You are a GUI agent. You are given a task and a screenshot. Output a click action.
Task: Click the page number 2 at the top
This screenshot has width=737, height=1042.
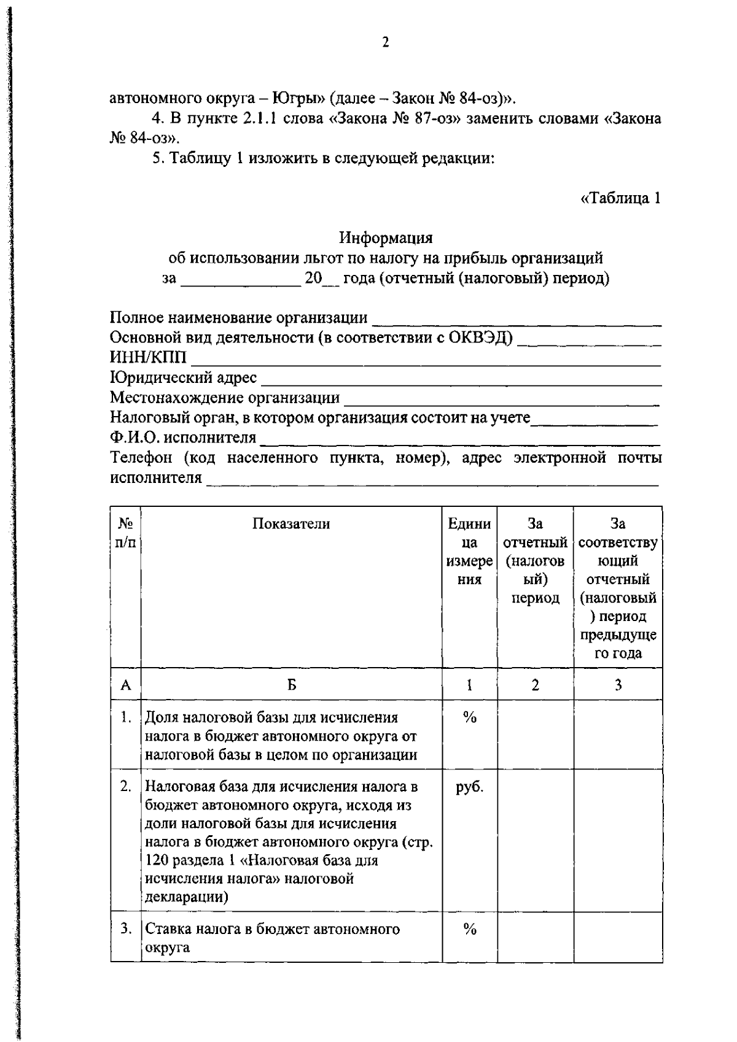pos(385,42)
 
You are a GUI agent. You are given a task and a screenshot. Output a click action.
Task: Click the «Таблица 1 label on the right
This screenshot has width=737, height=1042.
pos(620,198)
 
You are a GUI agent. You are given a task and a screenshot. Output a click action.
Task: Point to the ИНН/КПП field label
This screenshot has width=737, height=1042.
pos(148,358)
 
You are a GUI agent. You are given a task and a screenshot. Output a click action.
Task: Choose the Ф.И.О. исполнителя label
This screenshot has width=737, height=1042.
pos(182,438)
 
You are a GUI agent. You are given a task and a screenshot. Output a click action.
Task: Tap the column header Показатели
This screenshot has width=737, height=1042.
pos(291,523)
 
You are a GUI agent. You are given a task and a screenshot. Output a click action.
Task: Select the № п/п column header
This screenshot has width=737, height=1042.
pos(126,533)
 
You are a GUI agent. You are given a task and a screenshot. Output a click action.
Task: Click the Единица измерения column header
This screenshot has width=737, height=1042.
pos(470,551)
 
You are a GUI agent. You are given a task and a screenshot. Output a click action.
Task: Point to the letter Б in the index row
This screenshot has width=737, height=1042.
pos(292,685)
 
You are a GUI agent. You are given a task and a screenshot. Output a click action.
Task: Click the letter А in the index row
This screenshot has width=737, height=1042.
pos(126,685)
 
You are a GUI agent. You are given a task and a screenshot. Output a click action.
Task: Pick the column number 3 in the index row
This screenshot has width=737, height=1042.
pos(618,685)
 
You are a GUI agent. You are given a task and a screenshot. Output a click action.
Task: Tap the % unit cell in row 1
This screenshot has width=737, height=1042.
pos(470,717)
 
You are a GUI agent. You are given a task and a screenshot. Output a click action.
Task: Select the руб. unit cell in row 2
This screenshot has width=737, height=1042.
pos(470,787)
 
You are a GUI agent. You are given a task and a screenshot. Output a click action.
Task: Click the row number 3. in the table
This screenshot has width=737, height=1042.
pos(126,929)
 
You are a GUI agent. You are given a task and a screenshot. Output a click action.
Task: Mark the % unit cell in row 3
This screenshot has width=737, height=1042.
pos(470,929)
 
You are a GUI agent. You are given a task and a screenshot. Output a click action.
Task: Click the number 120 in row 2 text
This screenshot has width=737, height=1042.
pos(157,860)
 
